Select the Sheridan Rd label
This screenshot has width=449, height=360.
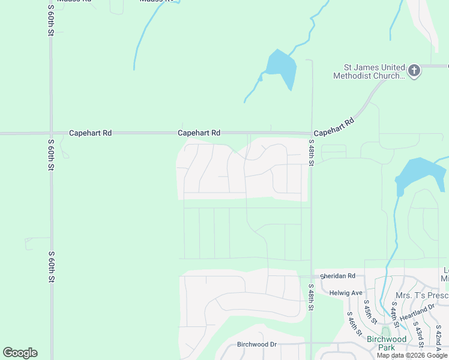point(337,276)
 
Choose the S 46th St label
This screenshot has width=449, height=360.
point(354,323)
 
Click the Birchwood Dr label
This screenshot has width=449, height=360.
point(256,344)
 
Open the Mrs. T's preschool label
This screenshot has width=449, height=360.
point(422,296)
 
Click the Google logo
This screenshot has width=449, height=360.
point(20,353)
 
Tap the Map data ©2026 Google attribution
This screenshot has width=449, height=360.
point(412,355)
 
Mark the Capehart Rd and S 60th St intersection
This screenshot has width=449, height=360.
point(51,133)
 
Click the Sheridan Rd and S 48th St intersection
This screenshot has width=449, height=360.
point(311,276)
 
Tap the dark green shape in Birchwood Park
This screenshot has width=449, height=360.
point(385,331)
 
